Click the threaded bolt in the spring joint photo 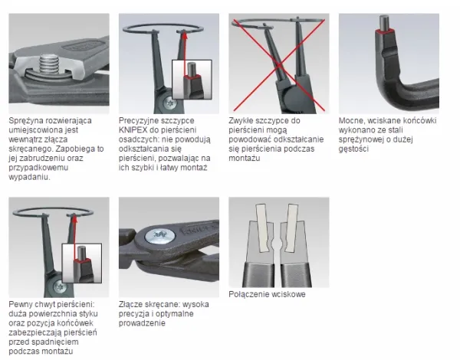[50, 64]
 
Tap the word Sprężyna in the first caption [25, 121]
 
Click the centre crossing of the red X [279, 65]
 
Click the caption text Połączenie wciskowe [267, 294]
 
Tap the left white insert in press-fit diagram [263, 227]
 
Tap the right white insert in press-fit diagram [291, 227]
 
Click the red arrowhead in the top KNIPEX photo [185, 34]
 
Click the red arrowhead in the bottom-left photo [74, 218]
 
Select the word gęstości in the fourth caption [353, 149]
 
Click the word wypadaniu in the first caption [29, 178]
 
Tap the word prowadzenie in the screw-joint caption [142, 323]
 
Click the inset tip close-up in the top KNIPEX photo [192, 80]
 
